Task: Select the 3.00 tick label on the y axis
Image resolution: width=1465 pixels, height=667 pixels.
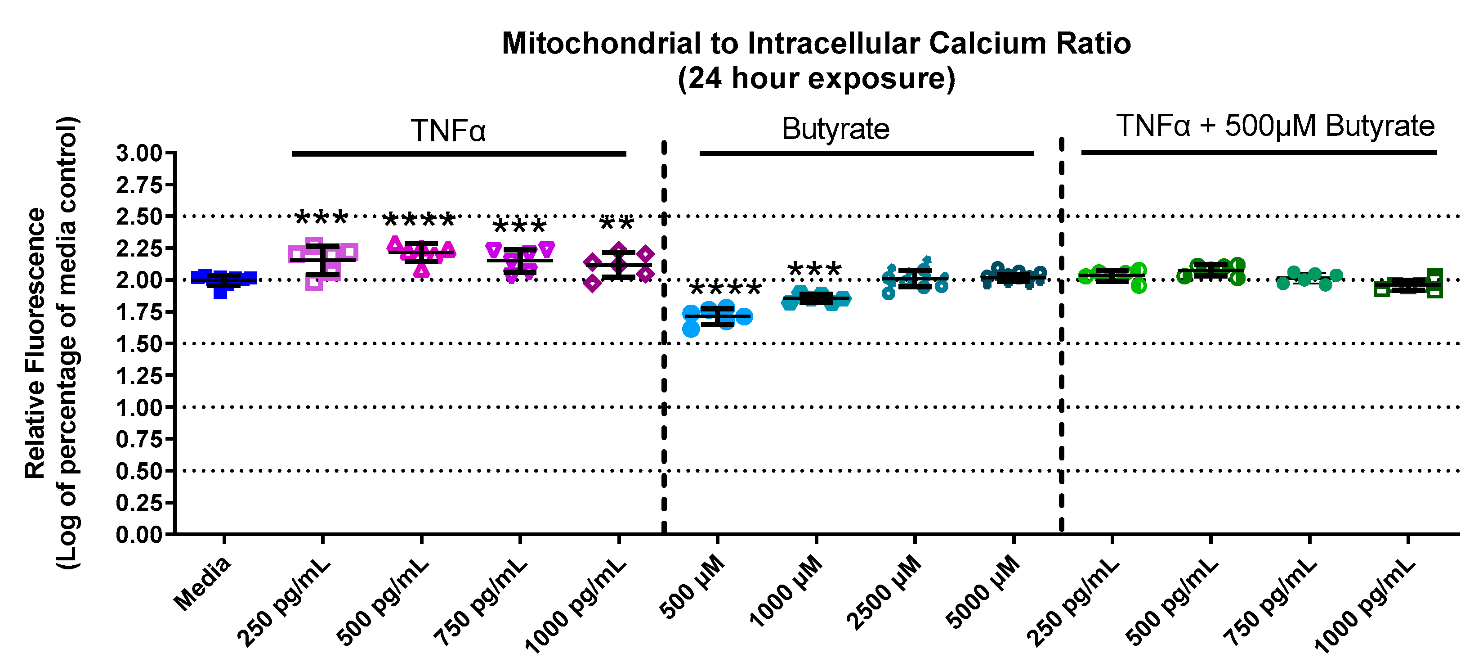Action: (139, 153)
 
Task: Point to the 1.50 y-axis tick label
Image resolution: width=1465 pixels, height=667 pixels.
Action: (139, 344)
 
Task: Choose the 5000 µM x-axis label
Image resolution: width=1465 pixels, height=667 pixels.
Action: (983, 592)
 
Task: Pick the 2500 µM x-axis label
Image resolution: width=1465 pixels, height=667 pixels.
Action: (884, 592)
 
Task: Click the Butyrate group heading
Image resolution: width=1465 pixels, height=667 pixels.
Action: (835, 129)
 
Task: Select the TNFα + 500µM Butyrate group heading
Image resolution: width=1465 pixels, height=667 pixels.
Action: (1275, 126)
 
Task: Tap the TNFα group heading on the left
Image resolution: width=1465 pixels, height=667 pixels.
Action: (448, 131)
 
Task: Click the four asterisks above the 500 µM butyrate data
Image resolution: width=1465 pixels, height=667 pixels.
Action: (725, 288)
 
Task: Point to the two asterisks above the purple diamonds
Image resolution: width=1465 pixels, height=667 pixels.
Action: (617, 223)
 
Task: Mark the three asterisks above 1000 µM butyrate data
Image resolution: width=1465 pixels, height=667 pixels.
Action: (814, 269)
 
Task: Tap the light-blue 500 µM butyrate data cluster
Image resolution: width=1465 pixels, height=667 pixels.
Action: (717, 316)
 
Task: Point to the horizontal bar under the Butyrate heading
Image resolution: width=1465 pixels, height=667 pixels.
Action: (866, 153)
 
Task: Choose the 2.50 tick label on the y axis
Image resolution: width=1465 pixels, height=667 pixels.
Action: (139, 217)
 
